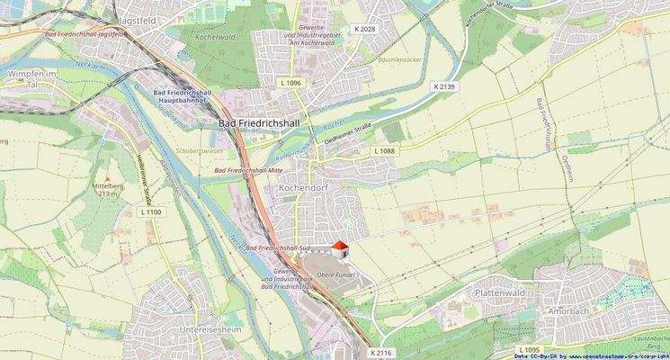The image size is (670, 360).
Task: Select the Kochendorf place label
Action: click(x=307, y=188)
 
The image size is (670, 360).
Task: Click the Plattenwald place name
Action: click(x=501, y=294)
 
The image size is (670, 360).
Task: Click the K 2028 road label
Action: click(x=365, y=31)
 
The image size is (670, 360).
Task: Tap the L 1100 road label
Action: click(x=151, y=211)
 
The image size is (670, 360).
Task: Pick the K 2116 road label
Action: click(x=380, y=352)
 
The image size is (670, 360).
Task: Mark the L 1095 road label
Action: click(x=531, y=348)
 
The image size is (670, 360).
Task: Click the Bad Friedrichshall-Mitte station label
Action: click(x=246, y=169)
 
